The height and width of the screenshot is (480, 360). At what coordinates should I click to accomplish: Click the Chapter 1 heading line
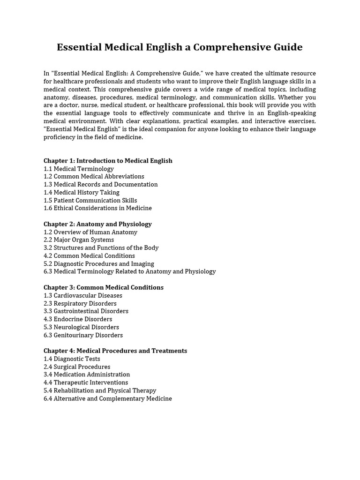click(x=108, y=161)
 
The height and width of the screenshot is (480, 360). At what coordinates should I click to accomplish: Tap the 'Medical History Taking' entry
click(x=82, y=192)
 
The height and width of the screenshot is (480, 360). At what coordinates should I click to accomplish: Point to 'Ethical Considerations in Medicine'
click(x=97, y=208)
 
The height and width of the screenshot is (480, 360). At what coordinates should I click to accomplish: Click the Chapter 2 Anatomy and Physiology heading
click(x=97, y=224)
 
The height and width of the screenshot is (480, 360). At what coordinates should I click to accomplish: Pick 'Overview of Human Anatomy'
click(x=90, y=232)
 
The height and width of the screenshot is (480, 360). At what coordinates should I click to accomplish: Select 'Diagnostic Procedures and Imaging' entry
click(x=99, y=264)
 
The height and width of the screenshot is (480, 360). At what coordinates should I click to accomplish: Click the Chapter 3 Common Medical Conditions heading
click(x=104, y=287)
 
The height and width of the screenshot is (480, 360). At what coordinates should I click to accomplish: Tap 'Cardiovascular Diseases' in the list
click(x=83, y=296)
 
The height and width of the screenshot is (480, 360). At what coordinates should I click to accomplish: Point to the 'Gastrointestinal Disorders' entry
click(x=86, y=311)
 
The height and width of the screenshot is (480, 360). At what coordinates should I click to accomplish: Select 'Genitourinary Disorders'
click(x=83, y=335)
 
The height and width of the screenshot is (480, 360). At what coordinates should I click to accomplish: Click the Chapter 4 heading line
click(x=115, y=351)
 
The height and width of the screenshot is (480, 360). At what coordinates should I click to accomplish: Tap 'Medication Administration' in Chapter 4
click(x=87, y=375)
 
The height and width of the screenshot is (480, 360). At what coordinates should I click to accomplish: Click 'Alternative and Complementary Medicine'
click(x=108, y=398)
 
